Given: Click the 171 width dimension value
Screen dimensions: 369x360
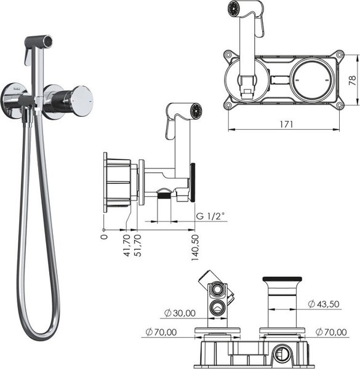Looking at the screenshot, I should point(285,124).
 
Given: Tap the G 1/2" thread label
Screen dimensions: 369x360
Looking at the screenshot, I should point(210,216).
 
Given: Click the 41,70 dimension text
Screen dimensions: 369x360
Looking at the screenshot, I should point(127,245).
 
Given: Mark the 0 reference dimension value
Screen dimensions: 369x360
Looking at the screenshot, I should point(104,234).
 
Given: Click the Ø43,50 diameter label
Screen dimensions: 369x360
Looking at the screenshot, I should point(325,303).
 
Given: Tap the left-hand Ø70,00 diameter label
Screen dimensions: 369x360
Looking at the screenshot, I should point(161,332).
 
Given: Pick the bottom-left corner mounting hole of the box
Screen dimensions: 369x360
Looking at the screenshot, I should point(229,105).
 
